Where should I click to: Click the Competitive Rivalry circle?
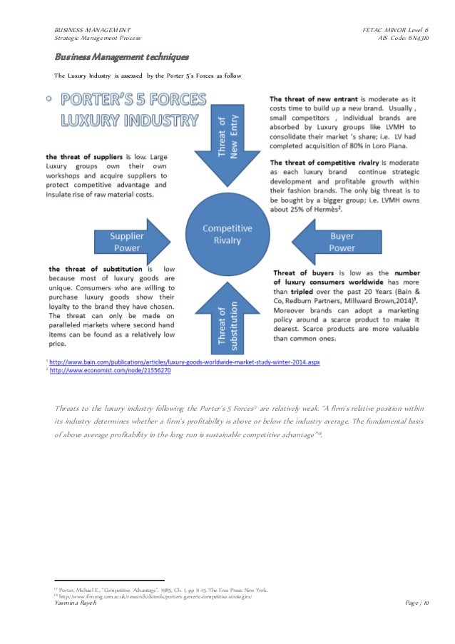(227, 233)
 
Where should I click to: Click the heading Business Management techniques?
(121, 56)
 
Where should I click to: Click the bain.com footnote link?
(185, 362)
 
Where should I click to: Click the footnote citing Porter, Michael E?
(160, 590)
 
